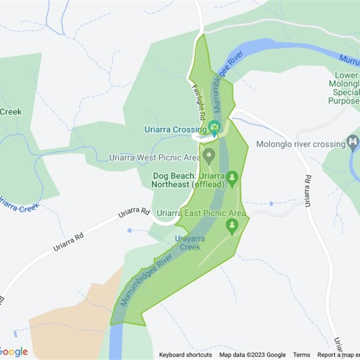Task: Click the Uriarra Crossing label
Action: (x=175, y=130)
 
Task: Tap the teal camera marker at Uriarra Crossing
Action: (x=215, y=126)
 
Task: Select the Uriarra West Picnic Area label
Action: (x=155, y=158)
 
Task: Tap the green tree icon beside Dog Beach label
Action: (x=232, y=177)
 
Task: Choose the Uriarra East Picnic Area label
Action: (x=201, y=213)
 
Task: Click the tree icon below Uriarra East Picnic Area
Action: (x=232, y=225)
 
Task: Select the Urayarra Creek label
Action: (x=190, y=243)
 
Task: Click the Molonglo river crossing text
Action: (x=301, y=144)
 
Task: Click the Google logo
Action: (x=13, y=351)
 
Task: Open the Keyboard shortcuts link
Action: (x=185, y=355)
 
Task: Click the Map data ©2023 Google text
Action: (x=252, y=355)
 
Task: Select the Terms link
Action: (x=302, y=355)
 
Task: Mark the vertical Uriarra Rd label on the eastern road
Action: (x=308, y=191)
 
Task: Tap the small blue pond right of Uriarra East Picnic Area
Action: (x=271, y=203)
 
